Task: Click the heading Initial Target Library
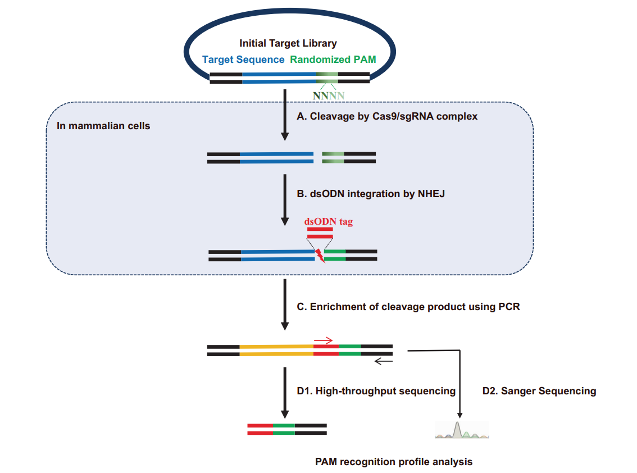[x=288, y=43]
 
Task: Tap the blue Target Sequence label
[x=243, y=60]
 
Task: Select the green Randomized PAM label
[x=333, y=60]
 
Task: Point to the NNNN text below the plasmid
[x=329, y=95]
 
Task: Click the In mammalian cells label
[x=103, y=126]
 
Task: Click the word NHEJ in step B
[x=431, y=194]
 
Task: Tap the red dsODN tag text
[x=329, y=221]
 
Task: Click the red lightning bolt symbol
[x=320, y=256]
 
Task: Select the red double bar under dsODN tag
[x=320, y=233]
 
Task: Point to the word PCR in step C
[x=509, y=306]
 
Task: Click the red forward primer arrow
[x=324, y=340]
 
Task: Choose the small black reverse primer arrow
[x=384, y=361]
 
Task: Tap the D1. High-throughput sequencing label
[x=376, y=391]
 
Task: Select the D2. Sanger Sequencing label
[x=539, y=391]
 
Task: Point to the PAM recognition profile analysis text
[x=394, y=462]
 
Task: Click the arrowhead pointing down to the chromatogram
[x=460, y=415]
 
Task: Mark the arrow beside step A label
[x=285, y=115]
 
